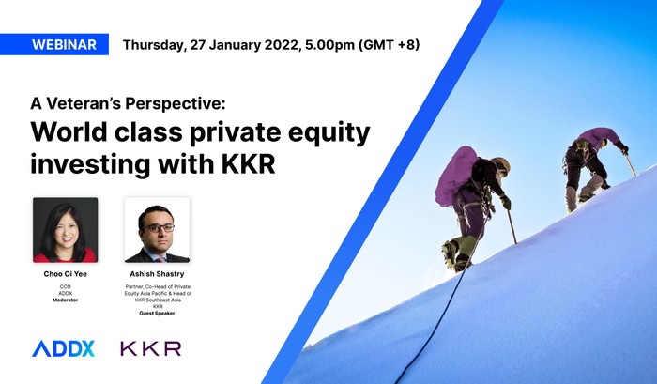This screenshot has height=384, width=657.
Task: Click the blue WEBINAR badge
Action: pyautogui.click(x=54, y=44)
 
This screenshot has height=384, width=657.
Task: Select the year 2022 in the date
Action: pyautogui.click(x=282, y=44)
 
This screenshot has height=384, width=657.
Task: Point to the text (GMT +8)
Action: pyautogui.click(x=389, y=44)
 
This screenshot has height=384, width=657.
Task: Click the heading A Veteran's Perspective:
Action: pyautogui.click(x=128, y=103)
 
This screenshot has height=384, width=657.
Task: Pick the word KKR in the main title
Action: pyautogui.click(x=248, y=164)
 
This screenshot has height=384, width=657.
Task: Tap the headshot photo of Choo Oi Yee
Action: pyautogui.click(x=66, y=230)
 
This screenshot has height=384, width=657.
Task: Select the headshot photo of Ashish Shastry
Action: pyautogui.click(x=157, y=230)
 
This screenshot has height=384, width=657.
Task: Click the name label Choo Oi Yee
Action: pyautogui.click(x=66, y=274)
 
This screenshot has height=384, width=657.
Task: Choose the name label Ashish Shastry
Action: pyautogui.click(x=157, y=274)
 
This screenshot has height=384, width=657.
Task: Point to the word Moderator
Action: pyautogui.click(x=66, y=300)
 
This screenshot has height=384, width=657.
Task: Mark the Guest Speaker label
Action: pyautogui.click(x=157, y=314)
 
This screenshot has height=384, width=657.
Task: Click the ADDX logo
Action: pyautogui.click(x=63, y=348)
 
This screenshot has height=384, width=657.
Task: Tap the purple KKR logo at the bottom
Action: pyautogui.click(x=151, y=348)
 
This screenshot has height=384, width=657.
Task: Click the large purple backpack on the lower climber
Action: pyautogui.click(x=455, y=176)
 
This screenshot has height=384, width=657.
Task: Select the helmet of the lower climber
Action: pyautogui.click(x=501, y=165)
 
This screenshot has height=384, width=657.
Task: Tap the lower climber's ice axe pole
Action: pyautogui.click(x=512, y=226)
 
